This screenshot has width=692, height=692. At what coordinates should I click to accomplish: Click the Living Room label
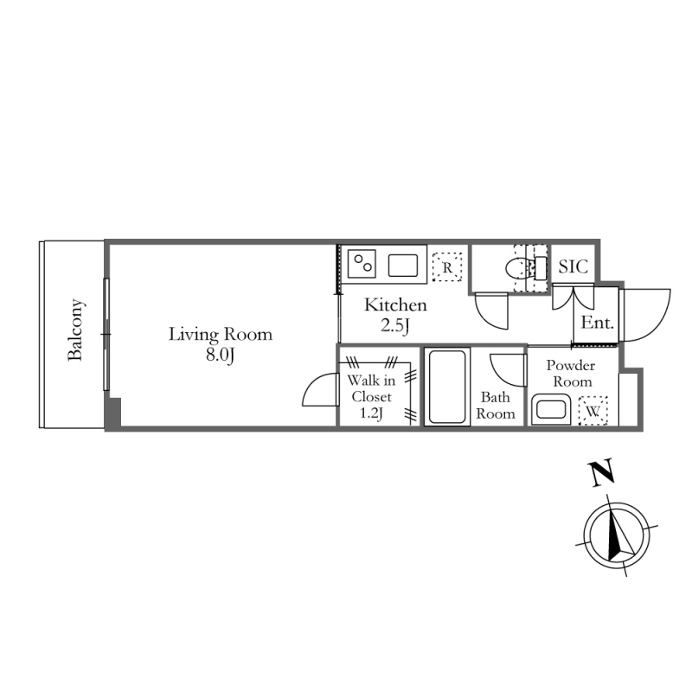221,335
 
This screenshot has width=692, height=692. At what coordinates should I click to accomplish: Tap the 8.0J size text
220,355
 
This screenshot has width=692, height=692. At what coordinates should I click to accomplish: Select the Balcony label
75,330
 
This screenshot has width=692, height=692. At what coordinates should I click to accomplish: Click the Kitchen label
395,305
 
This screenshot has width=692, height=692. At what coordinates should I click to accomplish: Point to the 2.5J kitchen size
395,326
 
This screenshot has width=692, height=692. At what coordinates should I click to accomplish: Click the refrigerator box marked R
447,267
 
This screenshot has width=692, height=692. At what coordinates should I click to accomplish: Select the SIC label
573,266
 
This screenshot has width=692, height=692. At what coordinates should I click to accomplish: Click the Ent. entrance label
597,323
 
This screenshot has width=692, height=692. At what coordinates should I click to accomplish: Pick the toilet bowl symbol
516,268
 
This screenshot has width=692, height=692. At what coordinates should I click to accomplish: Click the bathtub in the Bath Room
447,387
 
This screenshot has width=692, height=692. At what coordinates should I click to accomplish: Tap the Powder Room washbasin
551,410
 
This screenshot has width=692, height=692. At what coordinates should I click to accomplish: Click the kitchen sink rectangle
403,266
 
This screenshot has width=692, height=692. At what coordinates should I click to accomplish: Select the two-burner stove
362,264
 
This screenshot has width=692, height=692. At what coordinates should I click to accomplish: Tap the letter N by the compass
601,472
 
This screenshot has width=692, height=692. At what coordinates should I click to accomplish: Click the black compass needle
613,536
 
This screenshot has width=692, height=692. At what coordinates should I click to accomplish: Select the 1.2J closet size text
371,413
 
